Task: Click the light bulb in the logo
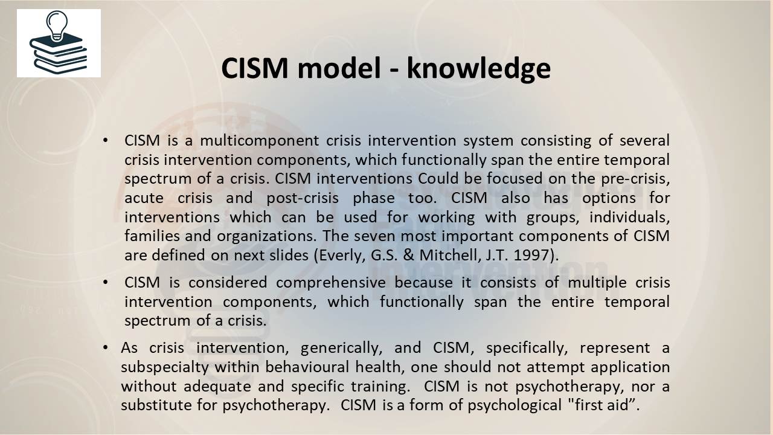pyautogui.click(x=57, y=25)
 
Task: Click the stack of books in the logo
pyautogui.click(x=59, y=54)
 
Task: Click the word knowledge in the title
pyautogui.click(x=479, y=69)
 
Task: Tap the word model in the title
pyautogui.click(x=339, y=68)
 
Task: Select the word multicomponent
pyautogui.click(x=260, y=141)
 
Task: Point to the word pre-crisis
pyautogui.click(x=635, y=178)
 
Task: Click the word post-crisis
pyautogui.click(x=303, y=198)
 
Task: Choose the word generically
pyautogui.click(x=341, y=348)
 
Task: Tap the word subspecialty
pyautogui.click(x=165, y=367)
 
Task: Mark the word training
pyautogui.click(x=380, y=386)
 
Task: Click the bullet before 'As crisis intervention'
pyautogui.click(x=106, y=347)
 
